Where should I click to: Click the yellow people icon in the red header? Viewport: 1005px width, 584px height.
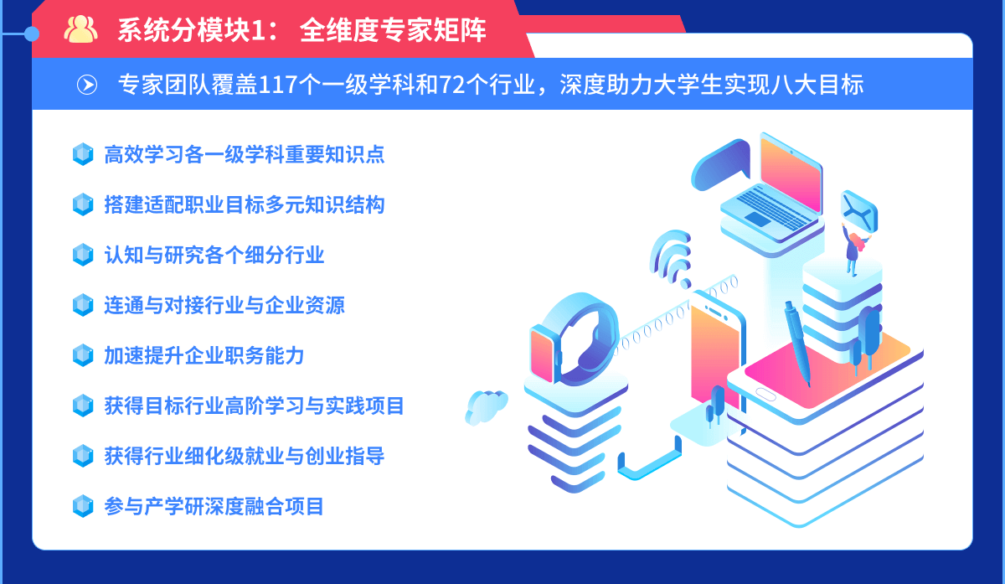pyautogui.click(x=80, y=29)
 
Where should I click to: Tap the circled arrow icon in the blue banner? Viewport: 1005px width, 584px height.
pyautogui.click(x=87, y=85)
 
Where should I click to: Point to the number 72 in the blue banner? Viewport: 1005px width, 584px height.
pyautogui.click(x=452, y=85)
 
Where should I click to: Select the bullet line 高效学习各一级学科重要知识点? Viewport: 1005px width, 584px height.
pyautogui.click(x=245, y=154)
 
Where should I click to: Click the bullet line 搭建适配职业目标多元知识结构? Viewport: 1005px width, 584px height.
pyautogui.click(x=245, y=204)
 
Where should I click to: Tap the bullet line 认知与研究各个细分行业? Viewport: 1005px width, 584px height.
pyautogui.click(x=214, y=255)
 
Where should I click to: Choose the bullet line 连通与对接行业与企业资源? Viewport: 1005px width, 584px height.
pyautogui.click(x=224, y=305)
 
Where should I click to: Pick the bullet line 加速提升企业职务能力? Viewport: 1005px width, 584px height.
pyautogui.click(x=204, y=355)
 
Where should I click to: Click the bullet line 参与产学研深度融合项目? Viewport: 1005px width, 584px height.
pyautogui.click(x=214, y=506)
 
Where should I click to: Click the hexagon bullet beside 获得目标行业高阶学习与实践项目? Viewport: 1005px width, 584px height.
pyautogui.click(x=83, y=406)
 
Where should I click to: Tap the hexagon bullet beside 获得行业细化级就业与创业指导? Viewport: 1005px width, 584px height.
pyautogui.click(x=83, y=456)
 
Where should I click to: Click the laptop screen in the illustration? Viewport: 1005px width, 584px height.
pyautogui.click(x=791, y=175)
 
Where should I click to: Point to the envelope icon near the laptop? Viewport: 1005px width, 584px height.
pyautogui.click(x=858, y=211)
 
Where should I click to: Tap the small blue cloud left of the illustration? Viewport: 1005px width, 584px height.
pyautogui.click(x=486, y=407)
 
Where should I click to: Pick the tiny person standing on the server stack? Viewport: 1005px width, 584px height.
pyautogui.click(x=855, y=250)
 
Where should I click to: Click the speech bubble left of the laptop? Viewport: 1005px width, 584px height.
pyautogui.click(x=721, y=165)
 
